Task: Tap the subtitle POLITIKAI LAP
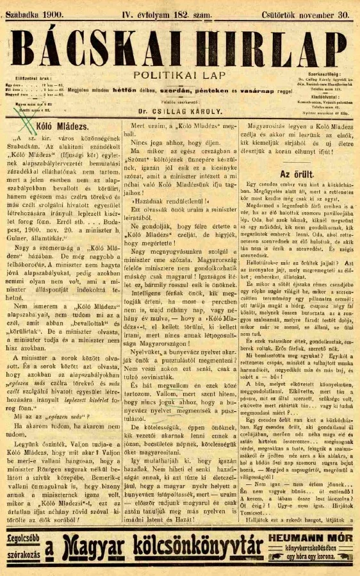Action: (181, 76)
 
